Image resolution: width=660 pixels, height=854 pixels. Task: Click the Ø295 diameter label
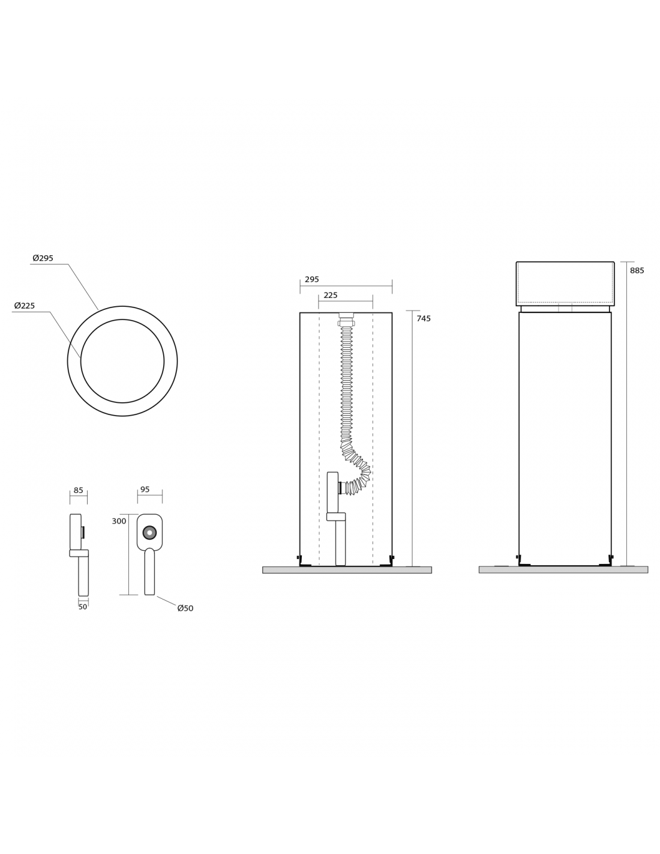[43, 258]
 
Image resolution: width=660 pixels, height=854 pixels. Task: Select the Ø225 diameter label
[25, 306]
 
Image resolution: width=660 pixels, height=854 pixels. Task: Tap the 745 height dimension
[424, 319]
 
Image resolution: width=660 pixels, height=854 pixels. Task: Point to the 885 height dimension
[637, 271]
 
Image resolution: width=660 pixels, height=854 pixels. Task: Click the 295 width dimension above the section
[312, 279]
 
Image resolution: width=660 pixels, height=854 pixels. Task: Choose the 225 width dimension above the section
[331, 295]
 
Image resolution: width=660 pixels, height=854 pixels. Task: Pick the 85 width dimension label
[79, 490]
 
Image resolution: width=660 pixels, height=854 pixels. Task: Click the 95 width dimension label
[145, 489]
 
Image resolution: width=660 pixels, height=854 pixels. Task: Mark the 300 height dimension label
[119, 521]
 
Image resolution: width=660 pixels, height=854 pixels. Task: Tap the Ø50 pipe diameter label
[185, 608]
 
